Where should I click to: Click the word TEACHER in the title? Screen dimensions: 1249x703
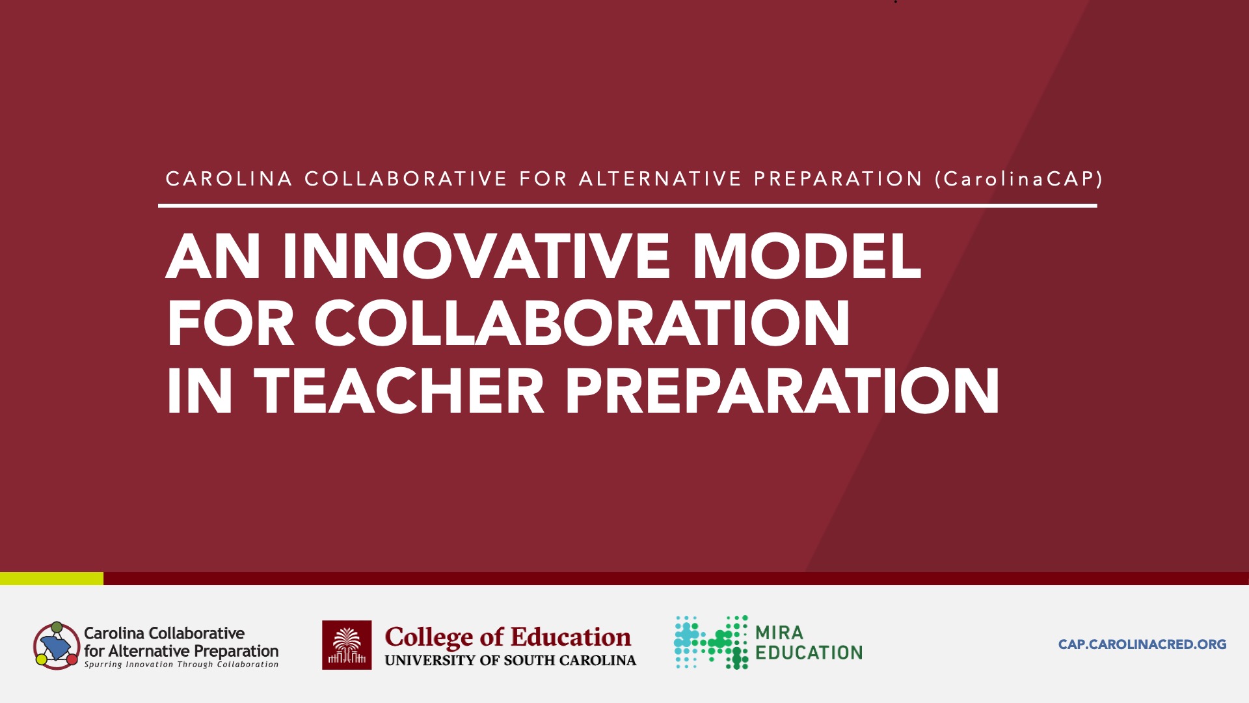[x=399, y=390]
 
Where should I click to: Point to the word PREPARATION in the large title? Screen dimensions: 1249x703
[x=783, y=390]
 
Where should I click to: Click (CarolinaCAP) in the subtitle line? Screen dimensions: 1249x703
[x=1019, y=179]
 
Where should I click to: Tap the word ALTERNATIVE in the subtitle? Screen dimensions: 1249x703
[x=660, y=178]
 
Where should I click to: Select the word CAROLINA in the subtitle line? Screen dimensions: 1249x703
[x=229, y=178]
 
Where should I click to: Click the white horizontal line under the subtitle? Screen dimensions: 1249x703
[x=627, y=206]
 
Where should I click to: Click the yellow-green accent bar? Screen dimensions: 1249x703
[x=51, y=578]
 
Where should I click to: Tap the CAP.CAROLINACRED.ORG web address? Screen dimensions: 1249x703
[x=1142, y=644]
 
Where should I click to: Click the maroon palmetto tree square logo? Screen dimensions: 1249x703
[x=347, y=645]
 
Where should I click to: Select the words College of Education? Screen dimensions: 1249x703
[x=507, y=637]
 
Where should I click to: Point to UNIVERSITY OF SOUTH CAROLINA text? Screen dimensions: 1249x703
[x=511, y=660]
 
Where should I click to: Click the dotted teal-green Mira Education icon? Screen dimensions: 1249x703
[x=711, y=642]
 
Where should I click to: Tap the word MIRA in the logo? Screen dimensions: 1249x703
[x=779, y=632]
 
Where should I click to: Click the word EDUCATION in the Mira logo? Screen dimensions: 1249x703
[x=809, y=652]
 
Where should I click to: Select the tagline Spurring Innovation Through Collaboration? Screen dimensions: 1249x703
[x=181, y=665]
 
